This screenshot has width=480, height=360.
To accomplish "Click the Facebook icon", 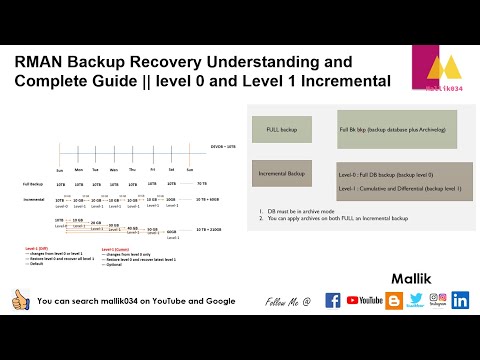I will click(333, 300).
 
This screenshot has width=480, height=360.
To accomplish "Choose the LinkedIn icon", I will click(460, 300).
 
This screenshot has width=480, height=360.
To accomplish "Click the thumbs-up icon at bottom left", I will click(18, 300).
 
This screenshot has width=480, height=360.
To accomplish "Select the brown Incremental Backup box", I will click(282, 174).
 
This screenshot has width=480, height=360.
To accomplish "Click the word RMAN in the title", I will click(42, 62).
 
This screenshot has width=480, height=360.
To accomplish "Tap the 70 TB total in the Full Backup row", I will click(202, 184).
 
